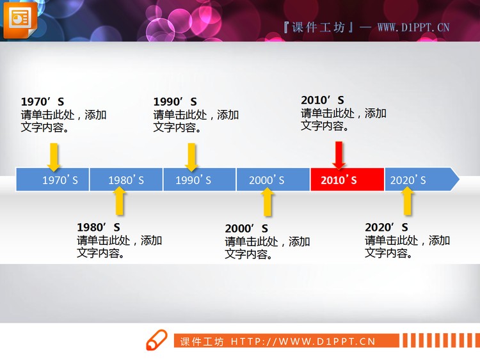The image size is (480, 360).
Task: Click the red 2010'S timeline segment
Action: pos(347,180)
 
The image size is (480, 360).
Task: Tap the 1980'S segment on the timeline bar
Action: pos(126,180)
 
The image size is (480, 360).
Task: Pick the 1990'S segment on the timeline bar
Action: pos(200,180)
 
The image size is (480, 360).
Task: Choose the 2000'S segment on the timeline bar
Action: pos(273,180)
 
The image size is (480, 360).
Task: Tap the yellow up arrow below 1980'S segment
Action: pos(119,201)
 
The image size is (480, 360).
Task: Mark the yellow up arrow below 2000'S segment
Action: pos(268,201)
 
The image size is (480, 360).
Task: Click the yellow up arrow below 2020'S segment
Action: pos(406,201)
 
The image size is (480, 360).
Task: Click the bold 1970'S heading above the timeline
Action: pos(42,102)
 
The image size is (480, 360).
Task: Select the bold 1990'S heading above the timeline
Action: pos(175,102)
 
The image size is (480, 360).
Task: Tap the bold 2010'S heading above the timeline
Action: pos(323,100)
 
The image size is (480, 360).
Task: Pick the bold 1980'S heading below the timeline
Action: pos(99,227)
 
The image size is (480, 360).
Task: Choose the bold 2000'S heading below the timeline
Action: pos(246,228)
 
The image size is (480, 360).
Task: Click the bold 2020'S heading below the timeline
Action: pos(387,227)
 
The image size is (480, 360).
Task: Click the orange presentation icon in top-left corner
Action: pos(20,19)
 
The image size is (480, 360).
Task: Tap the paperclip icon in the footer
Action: pos(156,341)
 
